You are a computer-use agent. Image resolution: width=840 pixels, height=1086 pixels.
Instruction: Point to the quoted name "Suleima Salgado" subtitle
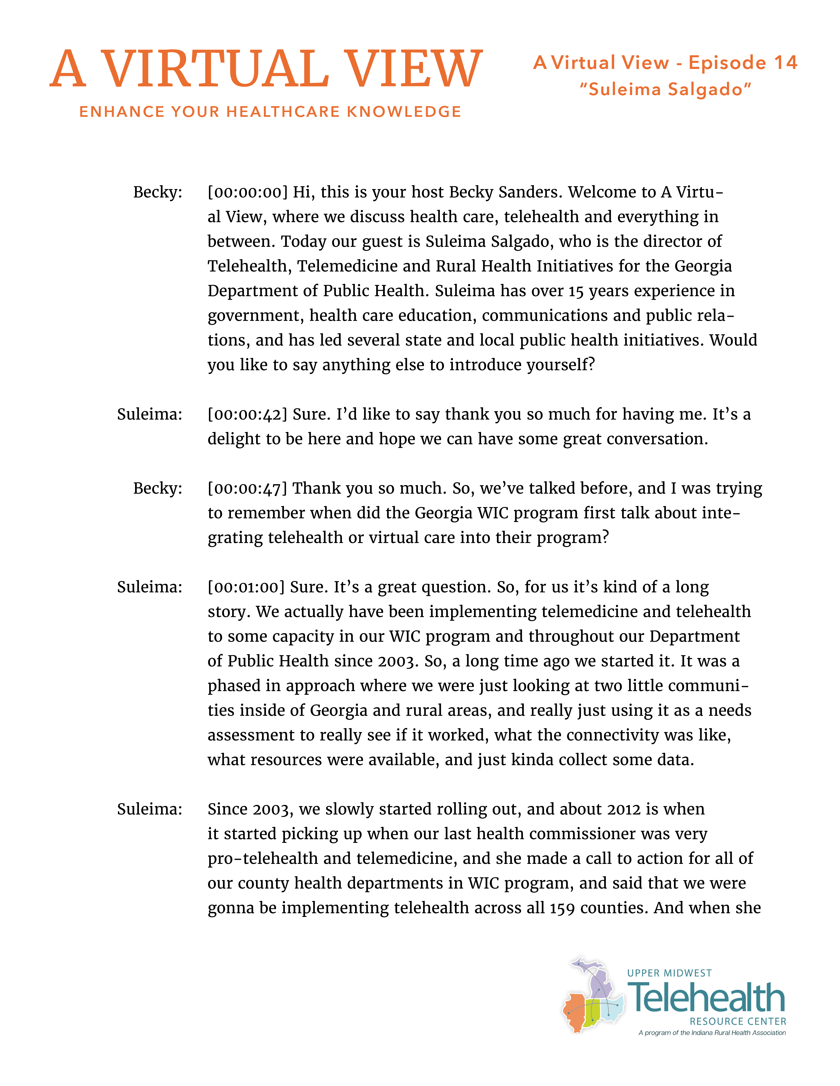[665, 90]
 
